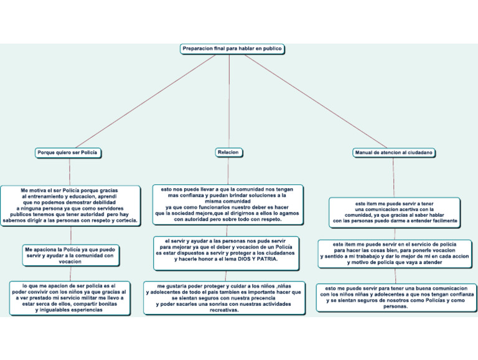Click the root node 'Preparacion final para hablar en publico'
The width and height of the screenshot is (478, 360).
tap(232, 49)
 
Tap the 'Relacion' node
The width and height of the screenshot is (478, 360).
tap(228, 152)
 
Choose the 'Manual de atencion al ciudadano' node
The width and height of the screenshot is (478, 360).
tap(393, 152)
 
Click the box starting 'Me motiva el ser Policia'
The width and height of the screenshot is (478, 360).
tap(70, 205)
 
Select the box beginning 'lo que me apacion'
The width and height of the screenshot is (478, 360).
tap(70, 297)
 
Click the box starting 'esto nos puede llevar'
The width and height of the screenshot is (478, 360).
tap(228, 204)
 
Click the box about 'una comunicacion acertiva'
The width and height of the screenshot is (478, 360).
tap(395, 212)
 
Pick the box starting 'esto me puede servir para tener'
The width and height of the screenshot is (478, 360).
tap(396, 297)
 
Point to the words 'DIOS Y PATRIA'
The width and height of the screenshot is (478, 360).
tap(256, 258)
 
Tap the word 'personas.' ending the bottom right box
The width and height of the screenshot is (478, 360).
tap(396, 306)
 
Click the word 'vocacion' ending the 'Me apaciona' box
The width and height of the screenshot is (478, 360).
tap(70, 262)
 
